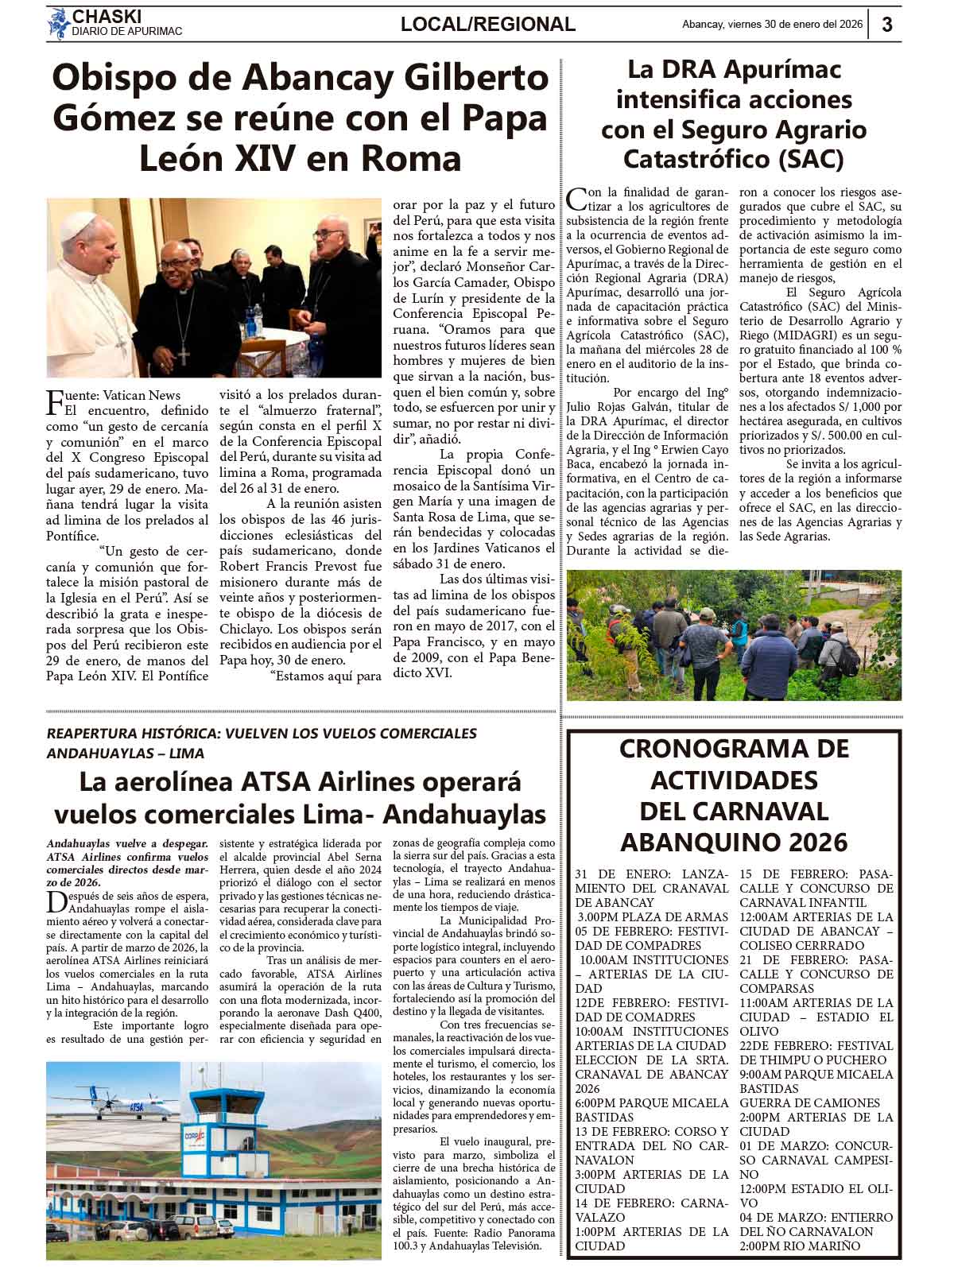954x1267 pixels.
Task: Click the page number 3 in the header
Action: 887,24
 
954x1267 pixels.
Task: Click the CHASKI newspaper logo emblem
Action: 58,23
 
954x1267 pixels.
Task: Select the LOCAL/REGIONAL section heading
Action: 487,25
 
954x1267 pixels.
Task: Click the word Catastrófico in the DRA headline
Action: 696,159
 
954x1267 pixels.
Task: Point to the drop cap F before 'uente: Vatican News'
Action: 55,402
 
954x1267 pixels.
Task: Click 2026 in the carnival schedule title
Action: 810,841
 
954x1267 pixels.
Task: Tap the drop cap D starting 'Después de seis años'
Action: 54,901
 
